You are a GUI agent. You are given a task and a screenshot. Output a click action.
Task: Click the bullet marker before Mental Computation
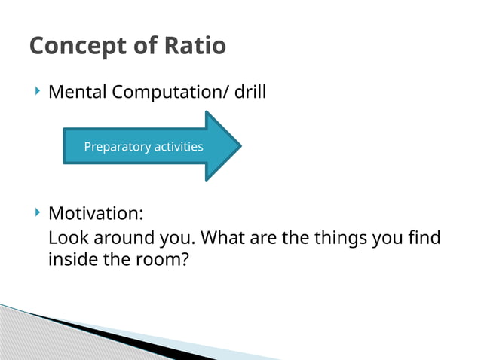[38, 92]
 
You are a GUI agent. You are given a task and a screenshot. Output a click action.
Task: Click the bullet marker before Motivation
[38, 212]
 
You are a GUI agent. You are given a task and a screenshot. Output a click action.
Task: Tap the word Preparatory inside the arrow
[117, 147]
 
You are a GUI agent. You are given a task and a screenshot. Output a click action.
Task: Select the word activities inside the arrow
[178, 147]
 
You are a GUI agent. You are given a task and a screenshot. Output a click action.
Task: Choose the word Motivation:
[96, 214]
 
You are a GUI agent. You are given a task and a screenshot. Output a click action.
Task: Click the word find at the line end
[424, 239]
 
